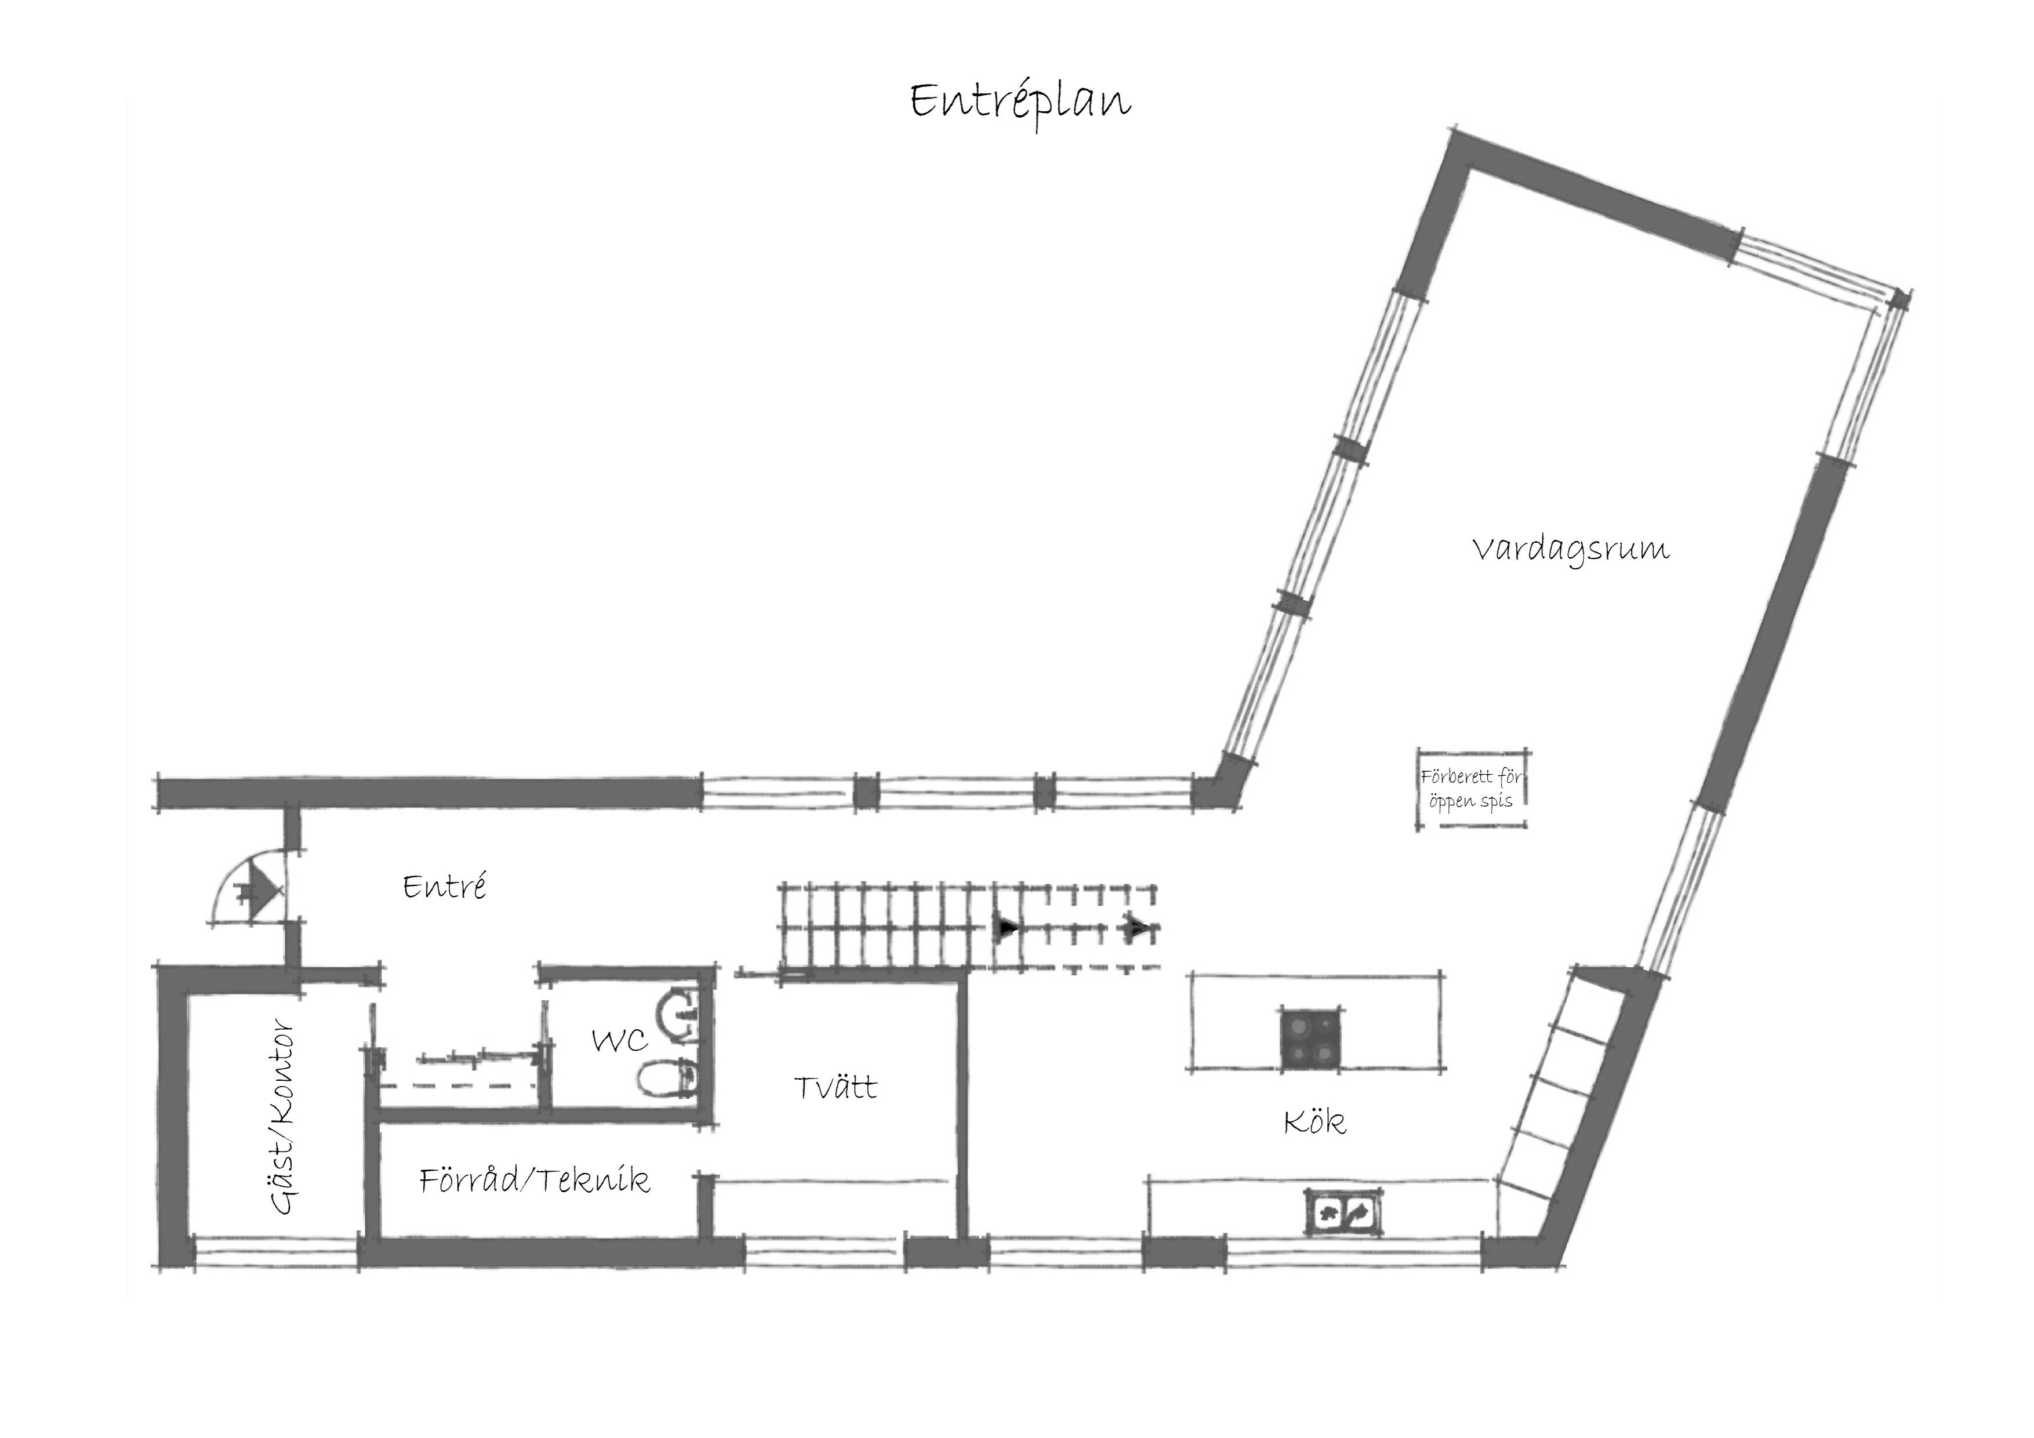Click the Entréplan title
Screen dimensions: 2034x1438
pyautogui.click(x=1020, y=103)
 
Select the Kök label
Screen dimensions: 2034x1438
pyautogui.click(x=1314, y=1121)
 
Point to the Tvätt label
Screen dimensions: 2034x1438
pyautogui.click(x=836, y=1087)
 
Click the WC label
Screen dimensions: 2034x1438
pyautogui.click(x=620, y=1040)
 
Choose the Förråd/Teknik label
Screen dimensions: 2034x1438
pyautogui.click(x=535, y=1179)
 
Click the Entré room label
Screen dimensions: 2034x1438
pyautogui.click(x=445, y=886)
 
